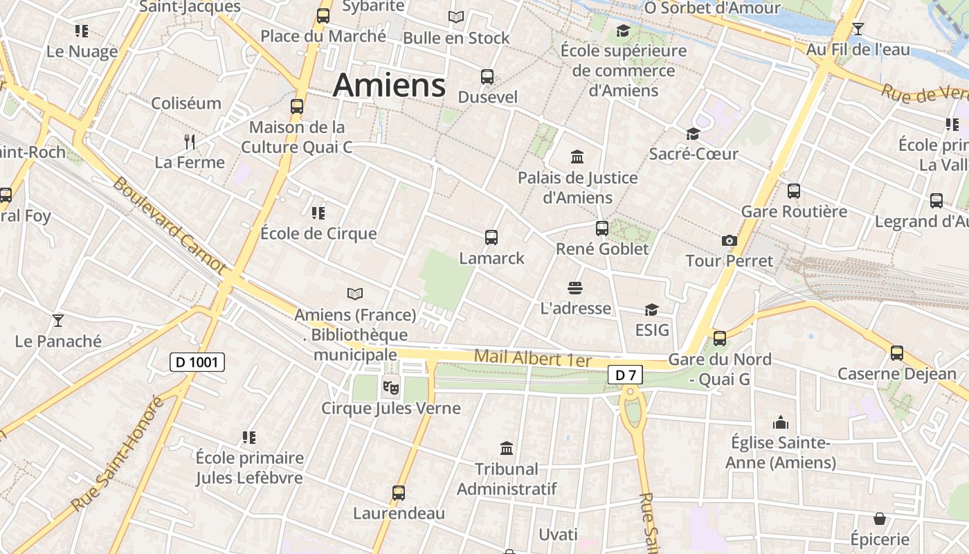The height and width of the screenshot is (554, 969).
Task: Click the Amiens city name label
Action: click(x=389, y=85)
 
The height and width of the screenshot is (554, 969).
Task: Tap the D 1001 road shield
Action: click(x=197, y=361)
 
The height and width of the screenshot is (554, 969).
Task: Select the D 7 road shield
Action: click(x=625, y=375)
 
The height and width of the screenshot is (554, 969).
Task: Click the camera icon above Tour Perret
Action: click(x=729, y=240)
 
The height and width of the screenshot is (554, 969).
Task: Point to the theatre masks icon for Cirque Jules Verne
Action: click(x=391, y=387)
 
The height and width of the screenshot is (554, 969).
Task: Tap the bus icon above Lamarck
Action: click(x=491, y=238)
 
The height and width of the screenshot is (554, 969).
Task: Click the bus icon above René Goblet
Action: click(x=602, y=228)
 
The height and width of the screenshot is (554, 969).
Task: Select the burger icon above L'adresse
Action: click(x=575, y=287)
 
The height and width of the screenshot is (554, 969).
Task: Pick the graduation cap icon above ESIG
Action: click(x=651, y=310)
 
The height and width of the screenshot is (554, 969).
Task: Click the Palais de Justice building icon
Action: click(x=577, y=157)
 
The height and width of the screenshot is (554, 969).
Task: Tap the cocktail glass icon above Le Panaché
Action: click(x=58, y=320)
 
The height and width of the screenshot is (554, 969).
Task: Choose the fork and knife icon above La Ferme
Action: click(x=190, y=142)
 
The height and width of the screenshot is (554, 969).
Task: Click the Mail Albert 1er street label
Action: click(x=533, y=359)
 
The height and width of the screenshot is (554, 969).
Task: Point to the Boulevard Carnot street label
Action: click(x=170, y=225)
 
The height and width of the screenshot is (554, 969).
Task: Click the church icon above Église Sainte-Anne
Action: click(x=781, y=422)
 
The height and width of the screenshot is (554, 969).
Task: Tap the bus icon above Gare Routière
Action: click(x=794, y=190)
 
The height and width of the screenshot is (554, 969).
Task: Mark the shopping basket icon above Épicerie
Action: click(x=880, y=518)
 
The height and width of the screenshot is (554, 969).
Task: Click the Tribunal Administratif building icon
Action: click(x=507, y=448)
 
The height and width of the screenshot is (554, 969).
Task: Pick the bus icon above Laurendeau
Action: click(x=399, y=493)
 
